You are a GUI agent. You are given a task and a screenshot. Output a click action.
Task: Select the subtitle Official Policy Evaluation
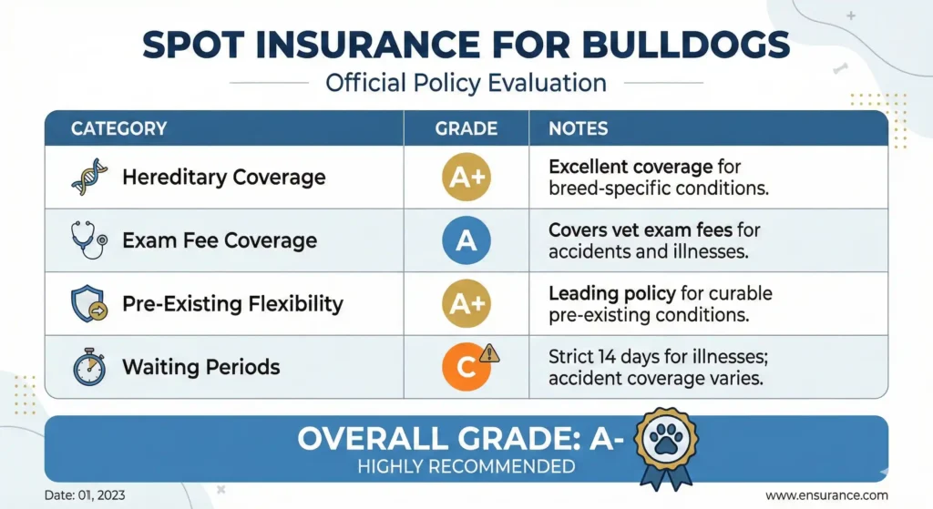(466, 83)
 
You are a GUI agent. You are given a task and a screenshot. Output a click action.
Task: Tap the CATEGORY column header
(118, 128)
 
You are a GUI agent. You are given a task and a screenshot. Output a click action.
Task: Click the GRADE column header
(466, 128)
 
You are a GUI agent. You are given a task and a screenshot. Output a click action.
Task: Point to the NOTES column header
(578, 128)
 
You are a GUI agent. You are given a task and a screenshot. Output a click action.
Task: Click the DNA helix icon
(89, 178)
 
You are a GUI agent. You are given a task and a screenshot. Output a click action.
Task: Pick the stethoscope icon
(88, 240)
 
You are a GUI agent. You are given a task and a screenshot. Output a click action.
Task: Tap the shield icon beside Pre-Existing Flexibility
(88, 303)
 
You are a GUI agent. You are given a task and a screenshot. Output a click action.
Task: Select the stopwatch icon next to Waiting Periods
(88, 366)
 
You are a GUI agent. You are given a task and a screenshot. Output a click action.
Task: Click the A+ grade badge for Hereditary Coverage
(466, 178)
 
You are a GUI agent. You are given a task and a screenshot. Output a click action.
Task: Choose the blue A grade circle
(466, 240)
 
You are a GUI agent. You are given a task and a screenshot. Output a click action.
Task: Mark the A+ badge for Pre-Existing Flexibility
(466, 303)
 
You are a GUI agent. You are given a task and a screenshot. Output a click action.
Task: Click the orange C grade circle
(465, 368)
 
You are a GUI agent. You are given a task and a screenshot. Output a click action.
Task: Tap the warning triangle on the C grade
(489, 353)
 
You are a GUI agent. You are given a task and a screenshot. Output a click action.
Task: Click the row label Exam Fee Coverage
(220, 240)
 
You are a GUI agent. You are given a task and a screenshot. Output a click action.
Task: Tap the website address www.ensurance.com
(825, 495)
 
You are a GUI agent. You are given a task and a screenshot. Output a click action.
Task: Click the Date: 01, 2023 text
(84, 495)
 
